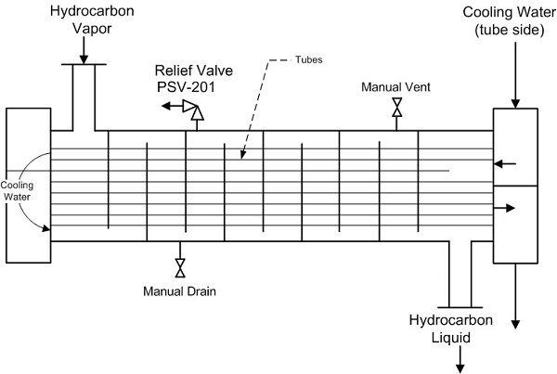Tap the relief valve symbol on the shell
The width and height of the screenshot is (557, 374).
point(195,109)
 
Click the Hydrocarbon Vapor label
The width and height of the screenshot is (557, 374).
point(83,21)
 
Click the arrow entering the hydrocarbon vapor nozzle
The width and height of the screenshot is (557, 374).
point(83,58)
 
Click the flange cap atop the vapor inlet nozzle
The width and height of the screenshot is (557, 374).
point(83,65)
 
